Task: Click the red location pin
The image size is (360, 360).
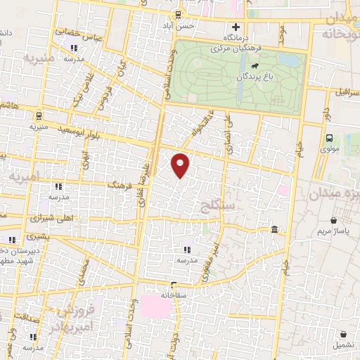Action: click(181, 165)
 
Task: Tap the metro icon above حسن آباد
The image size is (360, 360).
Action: click(179, 14)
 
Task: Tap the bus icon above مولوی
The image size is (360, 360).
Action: click(330, 139)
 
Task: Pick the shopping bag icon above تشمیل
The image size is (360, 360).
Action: click(343, 334)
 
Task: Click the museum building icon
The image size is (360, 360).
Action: click(274, 230)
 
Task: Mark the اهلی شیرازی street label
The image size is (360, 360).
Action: click(51, 216)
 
